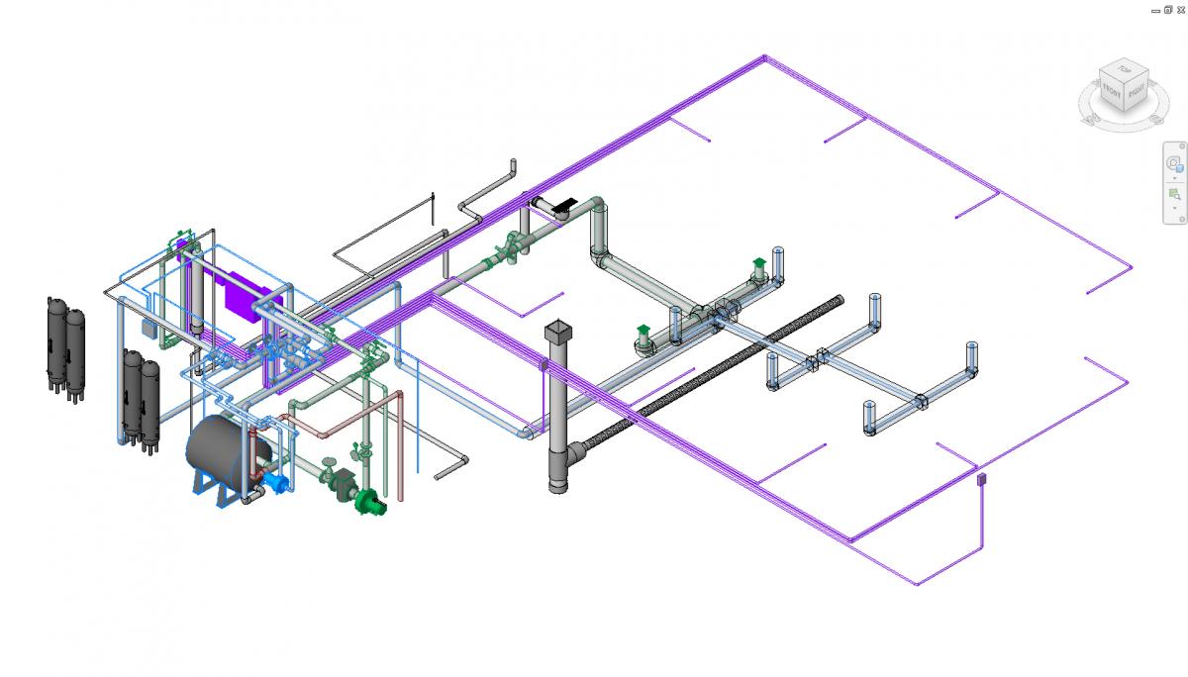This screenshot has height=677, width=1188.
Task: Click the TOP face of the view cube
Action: (x=1123, y=71)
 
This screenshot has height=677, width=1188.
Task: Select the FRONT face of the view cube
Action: (x=1111, y=94)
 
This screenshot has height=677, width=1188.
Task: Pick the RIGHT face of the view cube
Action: (x=1137, y=93)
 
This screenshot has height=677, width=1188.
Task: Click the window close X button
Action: (x=1180, y=8)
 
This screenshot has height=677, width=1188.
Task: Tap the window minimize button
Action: (x=1156, y=8)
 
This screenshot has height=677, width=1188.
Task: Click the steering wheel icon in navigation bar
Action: (x=1174, y=163)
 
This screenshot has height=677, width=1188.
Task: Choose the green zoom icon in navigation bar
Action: (x=1174, y=193)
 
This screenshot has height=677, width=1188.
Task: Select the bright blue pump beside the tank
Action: (x=278, y=482)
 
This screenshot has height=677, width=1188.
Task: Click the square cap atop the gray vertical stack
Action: (x=558, y=330)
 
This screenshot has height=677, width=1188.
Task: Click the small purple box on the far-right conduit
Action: (x=981, y=479)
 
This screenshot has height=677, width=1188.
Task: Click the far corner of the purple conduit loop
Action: (x=764, y=57)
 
